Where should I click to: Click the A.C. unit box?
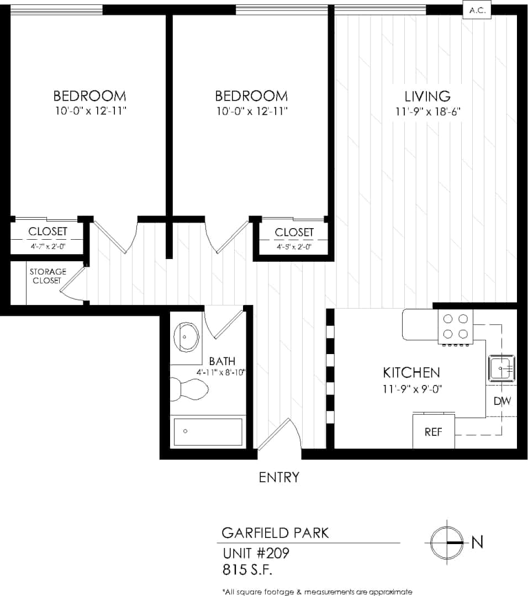(x=476, y=10)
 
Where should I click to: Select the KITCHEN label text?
(x=411, y=372)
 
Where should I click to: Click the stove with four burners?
(x=456, y=326)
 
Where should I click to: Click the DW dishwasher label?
(x=502, y=402)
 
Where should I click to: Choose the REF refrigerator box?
(x=434, y=432)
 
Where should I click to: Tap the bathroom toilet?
(x=188, y=389)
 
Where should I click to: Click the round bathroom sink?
(x=187, y=337)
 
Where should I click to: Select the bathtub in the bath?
(x=208, y=431)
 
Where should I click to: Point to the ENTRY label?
(x=279, y=477)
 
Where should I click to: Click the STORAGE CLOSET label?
(x=47, y=276)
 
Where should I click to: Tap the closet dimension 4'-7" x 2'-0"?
(x=47, y=246)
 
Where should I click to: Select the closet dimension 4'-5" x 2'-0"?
(x=294, y=247)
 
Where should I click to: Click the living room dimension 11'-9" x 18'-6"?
(x=427, y=112)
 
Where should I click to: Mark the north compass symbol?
(x=446, y=543)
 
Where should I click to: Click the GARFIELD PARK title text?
(x=275, y=533)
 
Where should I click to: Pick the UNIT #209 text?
(x=256, y=553)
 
